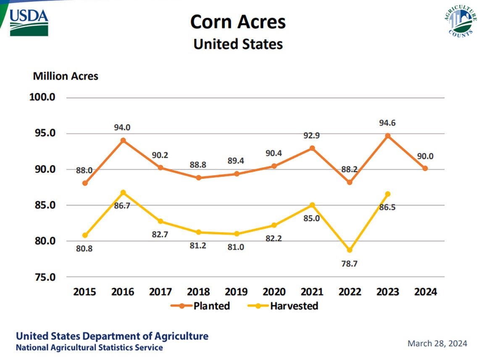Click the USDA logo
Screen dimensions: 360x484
(29, 22)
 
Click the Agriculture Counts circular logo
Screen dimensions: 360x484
(460, 21)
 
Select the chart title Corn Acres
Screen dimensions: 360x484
(238, 22)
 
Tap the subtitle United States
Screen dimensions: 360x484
(238, 44)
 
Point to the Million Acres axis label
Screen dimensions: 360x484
(66, 76)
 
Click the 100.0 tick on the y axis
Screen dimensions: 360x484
(42, 97)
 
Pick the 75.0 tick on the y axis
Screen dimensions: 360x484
(42, 277)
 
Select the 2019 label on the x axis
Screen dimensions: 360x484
(236, 292)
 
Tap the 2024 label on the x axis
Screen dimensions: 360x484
(425, 292)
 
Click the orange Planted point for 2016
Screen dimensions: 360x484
(123, 140)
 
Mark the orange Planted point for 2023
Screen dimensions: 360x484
(387, 136)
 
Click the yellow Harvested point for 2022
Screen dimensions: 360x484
(350, 250)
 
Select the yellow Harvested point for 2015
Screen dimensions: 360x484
(85, 235)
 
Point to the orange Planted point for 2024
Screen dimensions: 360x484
(425, 168)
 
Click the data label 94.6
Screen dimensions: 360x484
(387, 123)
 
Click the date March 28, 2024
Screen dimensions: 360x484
(437, 344)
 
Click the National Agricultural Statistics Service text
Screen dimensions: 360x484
(89, 348)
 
